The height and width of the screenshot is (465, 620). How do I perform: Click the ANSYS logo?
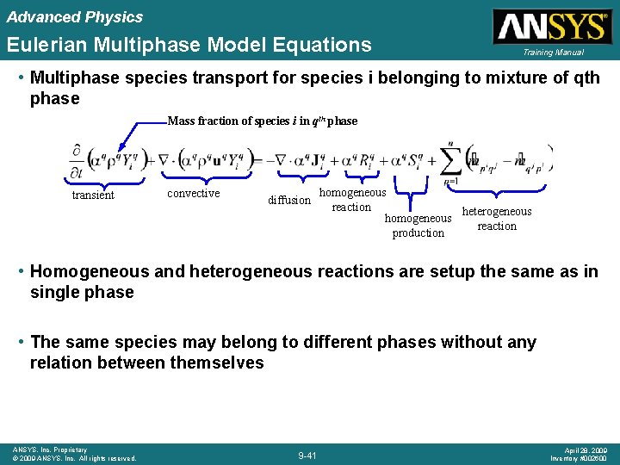pyautogui.click(x=550, y=27)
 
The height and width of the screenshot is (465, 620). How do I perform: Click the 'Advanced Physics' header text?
pyautogui.click(x=75, y=17)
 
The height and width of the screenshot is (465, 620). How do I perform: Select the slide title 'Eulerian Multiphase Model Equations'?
pyautogui.click(x=189, y=45)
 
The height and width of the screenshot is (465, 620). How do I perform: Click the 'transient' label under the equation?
pyautogui.click(x=93, y=195)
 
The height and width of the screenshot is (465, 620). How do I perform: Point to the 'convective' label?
pyautogui.click(x=193, y=194)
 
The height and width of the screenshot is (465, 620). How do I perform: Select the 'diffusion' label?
pyautogui.click(x=289, y=201)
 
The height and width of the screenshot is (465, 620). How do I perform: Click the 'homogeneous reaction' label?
pyautogui.click(x=352, y=200)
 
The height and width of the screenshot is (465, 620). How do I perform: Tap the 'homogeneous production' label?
pyautogui.click(x=418, y=226)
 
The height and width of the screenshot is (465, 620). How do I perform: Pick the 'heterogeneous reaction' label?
pyautogui.click(x=497, y=219)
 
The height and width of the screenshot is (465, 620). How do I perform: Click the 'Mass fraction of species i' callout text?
pyautogui.click(x=262, y=121)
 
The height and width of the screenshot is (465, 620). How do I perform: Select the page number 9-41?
pyautogui.click(x=307, y=455)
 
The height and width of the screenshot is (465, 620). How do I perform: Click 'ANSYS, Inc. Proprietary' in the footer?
pyautogui.click(x=49, y=449)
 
